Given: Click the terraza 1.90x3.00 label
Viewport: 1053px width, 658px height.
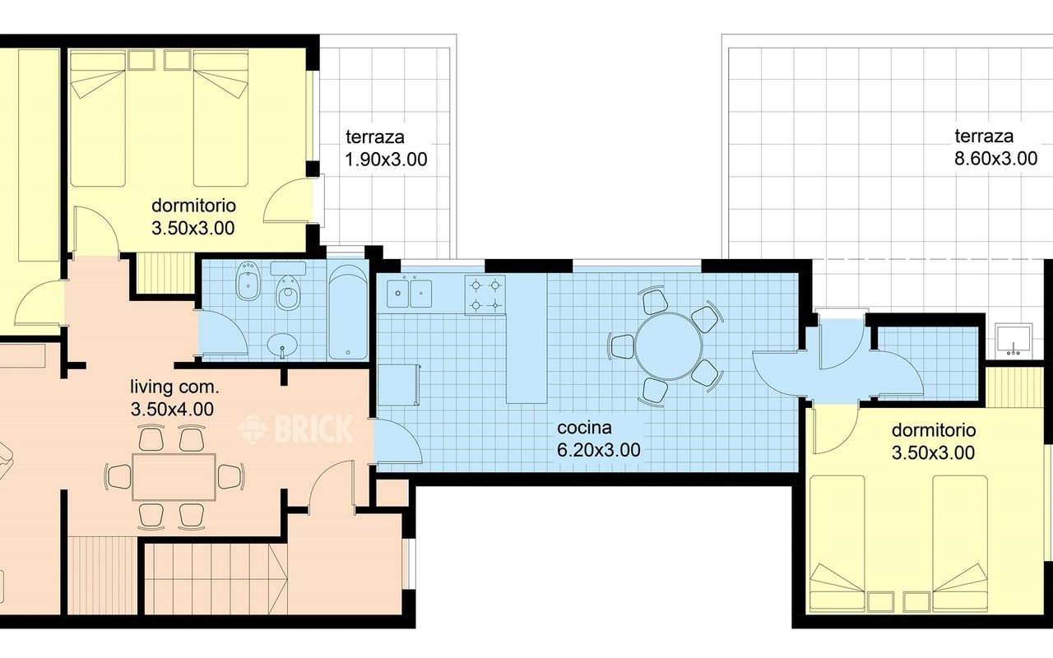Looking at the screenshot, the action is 387,148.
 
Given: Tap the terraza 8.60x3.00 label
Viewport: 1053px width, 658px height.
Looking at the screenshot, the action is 995,147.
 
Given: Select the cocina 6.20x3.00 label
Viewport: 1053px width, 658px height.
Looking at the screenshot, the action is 598,439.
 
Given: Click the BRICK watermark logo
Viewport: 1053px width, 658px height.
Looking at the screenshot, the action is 295,429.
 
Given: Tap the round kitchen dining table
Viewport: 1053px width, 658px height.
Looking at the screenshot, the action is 669,346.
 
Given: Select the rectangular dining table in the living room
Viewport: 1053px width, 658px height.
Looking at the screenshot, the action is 174,476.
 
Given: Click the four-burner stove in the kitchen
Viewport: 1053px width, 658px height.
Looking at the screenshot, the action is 485,294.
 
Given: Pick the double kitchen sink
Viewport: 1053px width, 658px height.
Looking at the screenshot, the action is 410,293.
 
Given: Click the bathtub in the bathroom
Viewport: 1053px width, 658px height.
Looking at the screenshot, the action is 348,313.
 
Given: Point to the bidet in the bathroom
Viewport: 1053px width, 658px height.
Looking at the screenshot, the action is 248,281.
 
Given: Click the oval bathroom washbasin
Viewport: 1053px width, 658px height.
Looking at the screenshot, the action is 282,345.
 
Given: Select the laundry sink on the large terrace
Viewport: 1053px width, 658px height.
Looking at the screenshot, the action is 1014,341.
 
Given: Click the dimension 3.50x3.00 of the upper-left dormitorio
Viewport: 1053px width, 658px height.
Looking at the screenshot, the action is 193,229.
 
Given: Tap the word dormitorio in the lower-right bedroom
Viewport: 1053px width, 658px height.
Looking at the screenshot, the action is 933,430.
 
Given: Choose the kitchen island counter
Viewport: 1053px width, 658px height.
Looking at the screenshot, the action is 526,338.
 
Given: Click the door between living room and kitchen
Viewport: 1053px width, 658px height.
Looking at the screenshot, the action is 397,442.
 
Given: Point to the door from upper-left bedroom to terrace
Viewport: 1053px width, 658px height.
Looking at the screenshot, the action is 288,200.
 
